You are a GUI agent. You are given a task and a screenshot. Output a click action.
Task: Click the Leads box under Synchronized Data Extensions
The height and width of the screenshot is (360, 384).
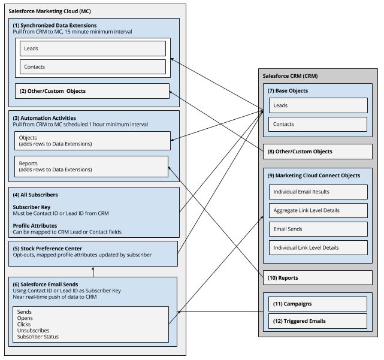(x=92, y=49)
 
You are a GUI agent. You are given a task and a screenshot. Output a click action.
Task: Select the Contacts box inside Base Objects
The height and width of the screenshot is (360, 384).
(x=318, y=125)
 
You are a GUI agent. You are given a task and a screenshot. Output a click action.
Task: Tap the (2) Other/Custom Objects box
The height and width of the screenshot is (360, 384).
(x=92, y=91)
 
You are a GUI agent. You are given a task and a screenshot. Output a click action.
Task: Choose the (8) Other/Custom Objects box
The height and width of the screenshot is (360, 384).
(x=318, y=152)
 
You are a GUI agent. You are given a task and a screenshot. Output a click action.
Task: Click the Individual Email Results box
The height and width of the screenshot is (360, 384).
(x=318, y=192)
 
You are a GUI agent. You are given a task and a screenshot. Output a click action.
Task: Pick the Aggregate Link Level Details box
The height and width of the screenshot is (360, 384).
(x=318, y=210)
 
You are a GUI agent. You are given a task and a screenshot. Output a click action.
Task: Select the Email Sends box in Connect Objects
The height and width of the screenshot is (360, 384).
(x=318, y=229)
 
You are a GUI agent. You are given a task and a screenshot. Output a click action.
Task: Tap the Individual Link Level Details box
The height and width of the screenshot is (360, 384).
(x=318, y=247)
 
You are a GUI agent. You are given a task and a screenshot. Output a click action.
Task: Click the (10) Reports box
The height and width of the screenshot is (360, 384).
(x=318, y=278)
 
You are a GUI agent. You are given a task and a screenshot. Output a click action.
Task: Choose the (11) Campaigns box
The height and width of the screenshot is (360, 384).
(x=318, y=304)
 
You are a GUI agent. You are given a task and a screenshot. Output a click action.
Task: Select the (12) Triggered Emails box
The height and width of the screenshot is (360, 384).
(x=318, y=320)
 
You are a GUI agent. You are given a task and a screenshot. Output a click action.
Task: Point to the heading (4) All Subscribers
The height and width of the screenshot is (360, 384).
(x=35, y=195)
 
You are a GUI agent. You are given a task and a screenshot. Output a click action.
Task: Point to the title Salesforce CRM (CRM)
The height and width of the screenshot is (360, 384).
(x=291, y=76)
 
